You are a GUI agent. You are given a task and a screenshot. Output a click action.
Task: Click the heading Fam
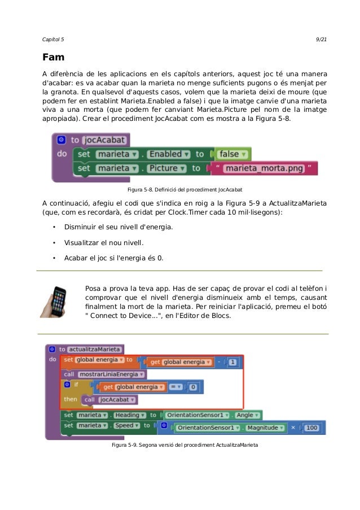coord(54,58)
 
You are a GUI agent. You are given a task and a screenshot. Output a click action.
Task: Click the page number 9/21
coord(322,39)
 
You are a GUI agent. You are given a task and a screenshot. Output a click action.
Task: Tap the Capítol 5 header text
coord(54,39)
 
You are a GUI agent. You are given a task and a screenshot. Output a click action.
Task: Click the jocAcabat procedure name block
coord(106,140)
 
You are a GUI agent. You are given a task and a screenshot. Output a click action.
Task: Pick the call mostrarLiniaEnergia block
coord(104,374)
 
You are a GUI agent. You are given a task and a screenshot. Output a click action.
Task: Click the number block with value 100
coord(311,428)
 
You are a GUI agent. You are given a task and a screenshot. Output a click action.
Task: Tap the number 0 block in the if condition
coord(193,387)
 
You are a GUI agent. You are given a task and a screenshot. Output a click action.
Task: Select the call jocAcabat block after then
coord(109,400)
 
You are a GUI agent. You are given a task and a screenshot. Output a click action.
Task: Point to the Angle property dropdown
coord(245,415)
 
